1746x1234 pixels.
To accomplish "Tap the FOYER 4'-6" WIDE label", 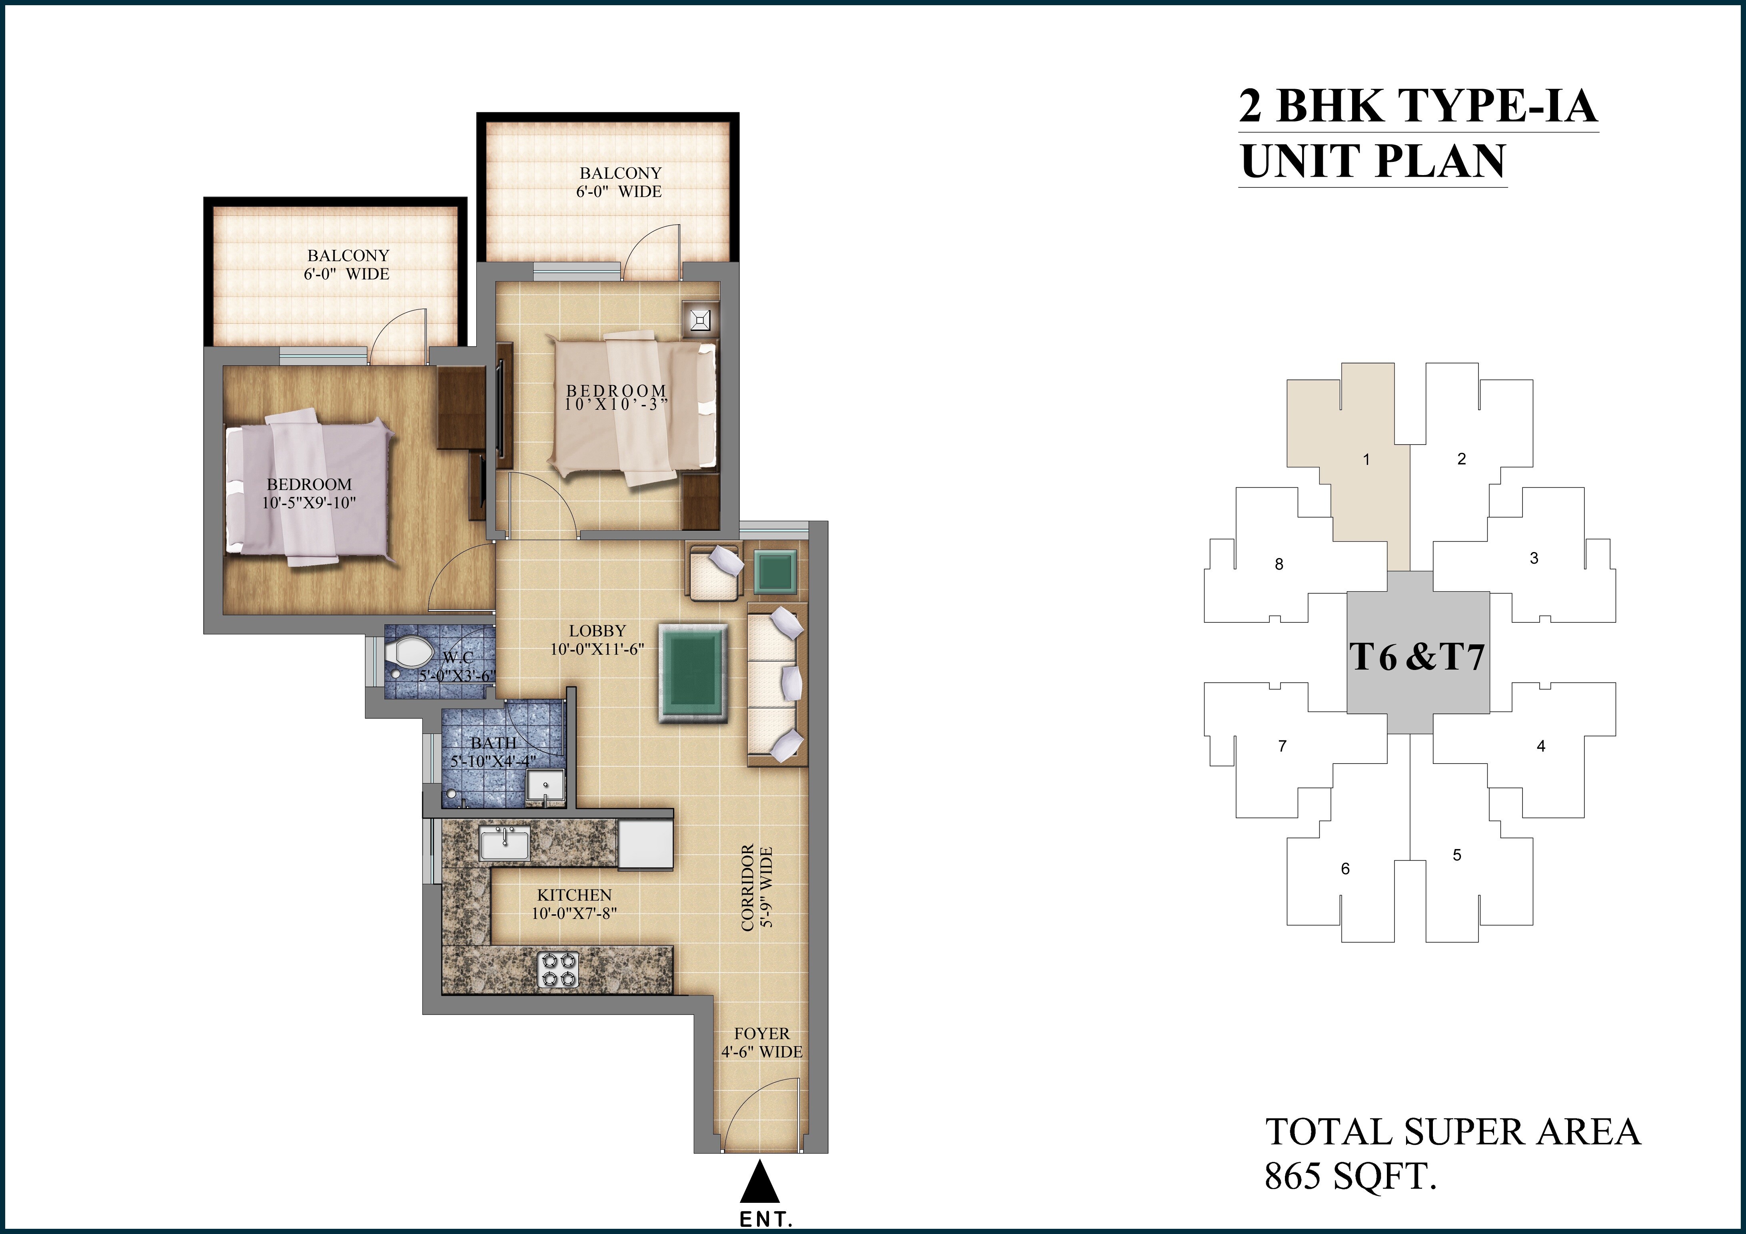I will click(762, 1043).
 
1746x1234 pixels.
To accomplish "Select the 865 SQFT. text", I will click(1350, 1176).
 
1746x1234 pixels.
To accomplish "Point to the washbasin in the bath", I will click(545, 786).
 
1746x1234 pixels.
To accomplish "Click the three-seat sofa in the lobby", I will click(776, 684).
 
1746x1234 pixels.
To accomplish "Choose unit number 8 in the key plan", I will click(1279, 564).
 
